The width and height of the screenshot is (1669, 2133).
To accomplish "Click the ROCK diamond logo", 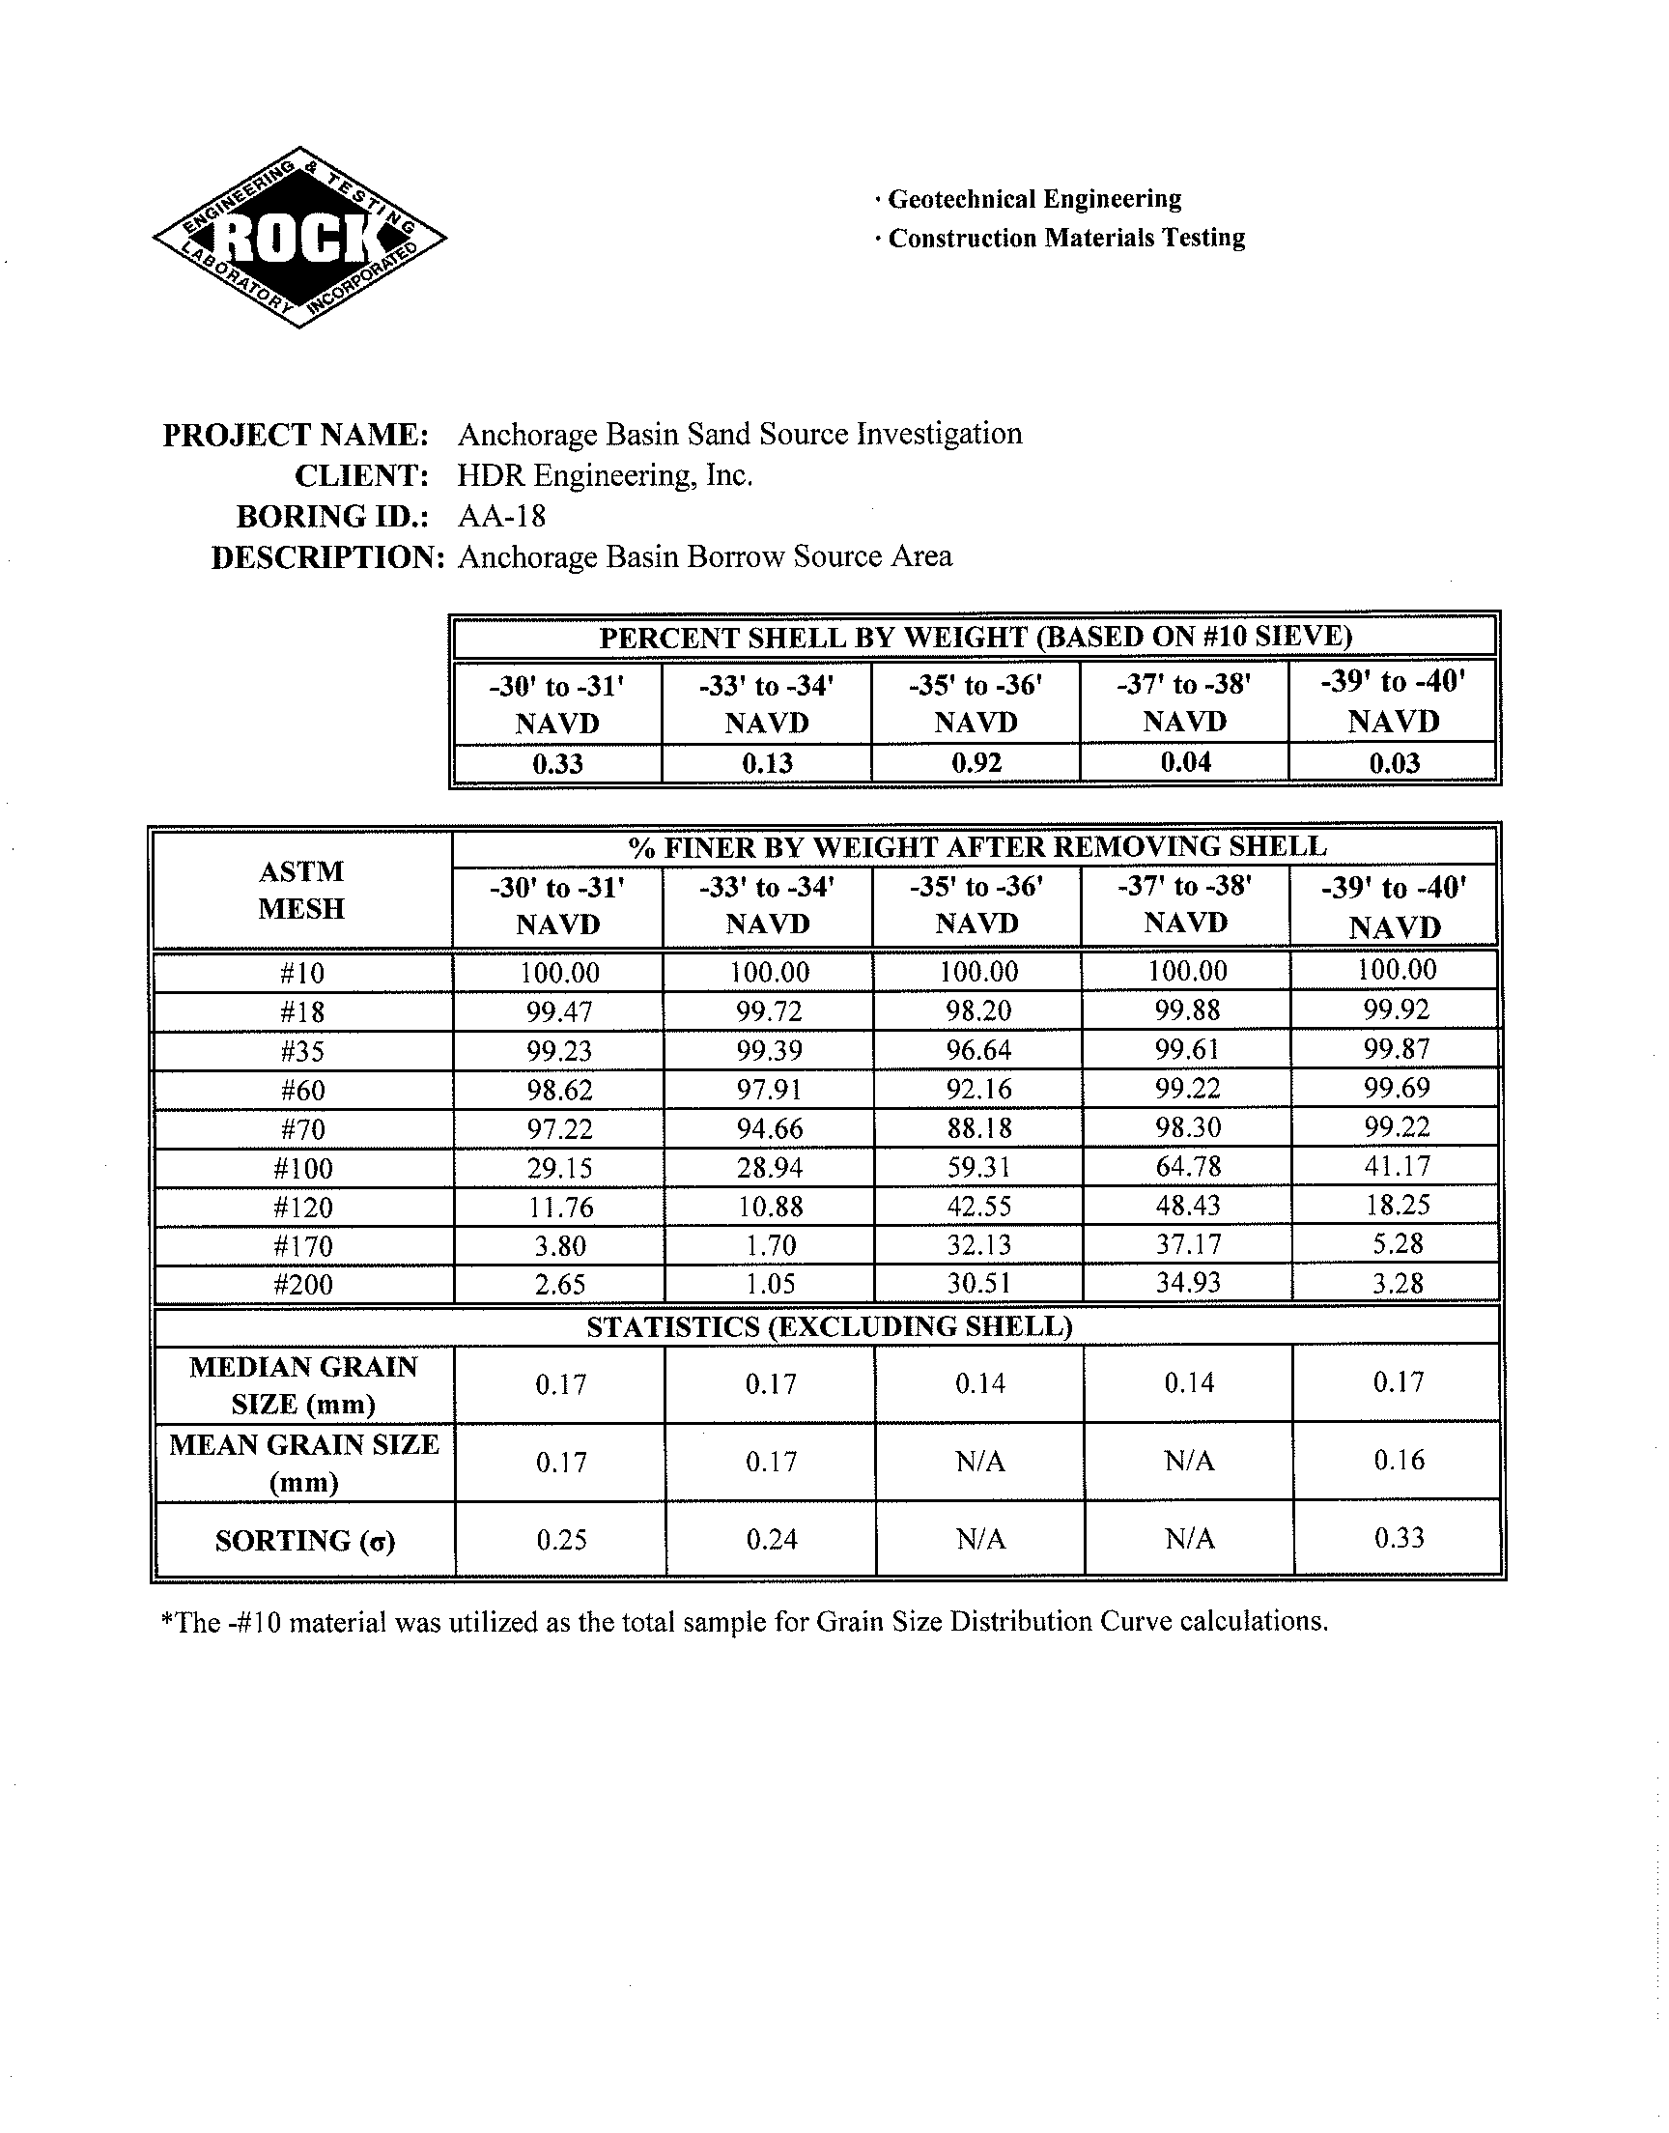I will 300,238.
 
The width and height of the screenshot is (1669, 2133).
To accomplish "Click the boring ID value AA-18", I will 501,516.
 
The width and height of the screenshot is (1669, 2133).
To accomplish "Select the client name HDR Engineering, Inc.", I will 605,476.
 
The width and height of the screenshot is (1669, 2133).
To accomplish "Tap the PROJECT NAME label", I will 297,435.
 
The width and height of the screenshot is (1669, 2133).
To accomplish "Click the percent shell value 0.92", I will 976,763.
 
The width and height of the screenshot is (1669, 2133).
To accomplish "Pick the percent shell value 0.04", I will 1185,762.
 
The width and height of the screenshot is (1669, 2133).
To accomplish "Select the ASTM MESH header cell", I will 301,889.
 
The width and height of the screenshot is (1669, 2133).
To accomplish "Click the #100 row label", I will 303,1169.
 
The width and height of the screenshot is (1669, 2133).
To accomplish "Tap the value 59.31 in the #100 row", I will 978,1168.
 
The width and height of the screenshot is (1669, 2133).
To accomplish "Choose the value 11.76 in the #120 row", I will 560,1208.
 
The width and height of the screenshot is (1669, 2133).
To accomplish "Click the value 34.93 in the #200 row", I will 1187,1283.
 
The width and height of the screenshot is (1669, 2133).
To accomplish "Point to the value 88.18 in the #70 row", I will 978,1128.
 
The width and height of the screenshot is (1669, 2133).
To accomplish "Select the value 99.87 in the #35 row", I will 1397,1049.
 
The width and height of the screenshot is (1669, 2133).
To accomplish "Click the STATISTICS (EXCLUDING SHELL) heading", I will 829,1326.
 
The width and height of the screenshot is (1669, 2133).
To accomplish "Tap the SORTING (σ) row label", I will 305,1541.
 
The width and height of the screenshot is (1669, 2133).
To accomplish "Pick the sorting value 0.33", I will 1399,1538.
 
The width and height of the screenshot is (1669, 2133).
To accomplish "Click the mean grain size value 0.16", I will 1399,1460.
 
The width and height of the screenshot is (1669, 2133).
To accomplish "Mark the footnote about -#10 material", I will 744,1622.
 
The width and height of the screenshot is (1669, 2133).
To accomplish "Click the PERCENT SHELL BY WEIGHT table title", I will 975,637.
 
